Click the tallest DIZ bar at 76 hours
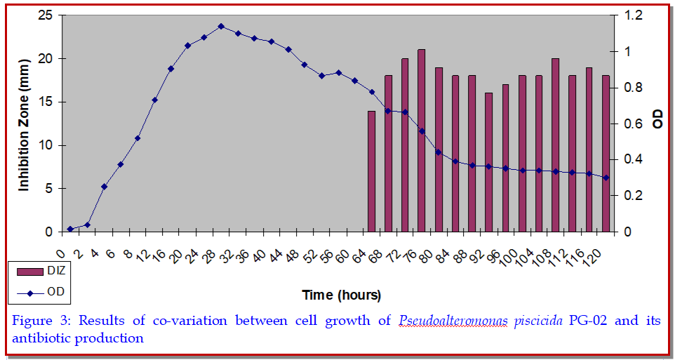[422, 140]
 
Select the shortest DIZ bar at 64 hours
[372, 171]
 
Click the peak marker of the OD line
[221, 26]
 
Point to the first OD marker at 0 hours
[70, 229]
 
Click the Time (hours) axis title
[341, 294]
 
